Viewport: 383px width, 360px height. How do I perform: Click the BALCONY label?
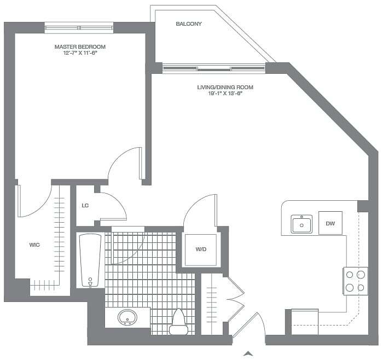click(189, 24)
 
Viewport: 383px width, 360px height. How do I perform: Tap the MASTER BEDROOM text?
click(80, 47)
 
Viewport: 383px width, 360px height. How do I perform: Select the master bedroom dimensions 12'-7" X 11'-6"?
click(80, 54)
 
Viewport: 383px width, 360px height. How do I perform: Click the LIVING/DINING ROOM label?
click(225, 88)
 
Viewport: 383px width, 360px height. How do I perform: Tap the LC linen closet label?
click(85, 206)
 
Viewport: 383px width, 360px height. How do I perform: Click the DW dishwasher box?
click(330, 223)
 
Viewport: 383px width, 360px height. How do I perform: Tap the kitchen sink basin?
click(301, 224)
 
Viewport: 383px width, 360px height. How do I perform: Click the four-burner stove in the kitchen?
click(355, 281)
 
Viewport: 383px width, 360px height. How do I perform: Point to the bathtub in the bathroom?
click(90, 260)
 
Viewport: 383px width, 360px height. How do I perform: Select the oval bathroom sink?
click(128, 317)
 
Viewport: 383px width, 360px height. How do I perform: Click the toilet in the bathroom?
click(178, 322)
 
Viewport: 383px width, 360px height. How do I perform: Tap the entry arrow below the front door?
click(249, 353)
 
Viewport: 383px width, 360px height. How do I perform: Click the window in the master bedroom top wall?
click(79, 27)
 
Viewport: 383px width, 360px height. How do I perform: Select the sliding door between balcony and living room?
click(214, 68)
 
